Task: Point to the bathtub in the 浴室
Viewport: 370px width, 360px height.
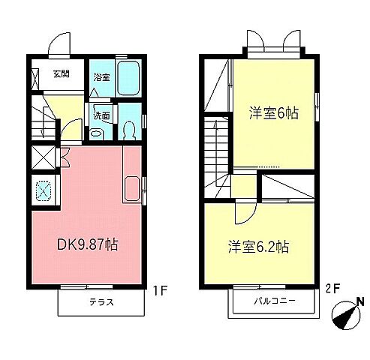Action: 128,77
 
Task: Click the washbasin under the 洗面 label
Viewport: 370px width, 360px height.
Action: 97,133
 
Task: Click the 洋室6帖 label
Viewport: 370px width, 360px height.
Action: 274,114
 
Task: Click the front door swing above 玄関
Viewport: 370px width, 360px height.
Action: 59,48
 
